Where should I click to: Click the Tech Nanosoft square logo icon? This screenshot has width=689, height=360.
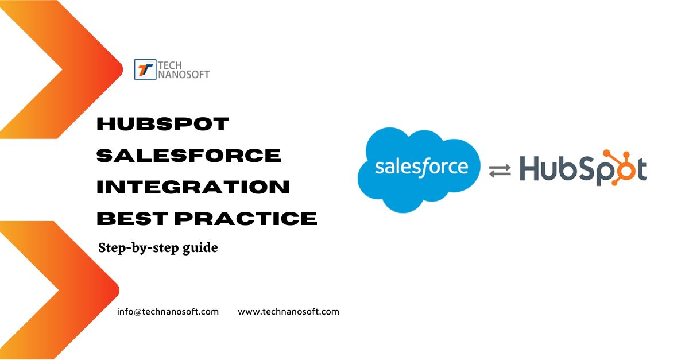(145, 69)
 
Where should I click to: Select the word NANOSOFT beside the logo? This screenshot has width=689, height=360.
(183, 74)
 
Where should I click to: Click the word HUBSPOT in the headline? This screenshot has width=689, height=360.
(163, 123)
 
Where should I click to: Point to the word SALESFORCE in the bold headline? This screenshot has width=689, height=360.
(189, 155)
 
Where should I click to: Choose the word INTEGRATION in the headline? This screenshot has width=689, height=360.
(193, 187)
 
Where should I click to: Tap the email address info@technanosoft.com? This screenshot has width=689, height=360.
(168, 312)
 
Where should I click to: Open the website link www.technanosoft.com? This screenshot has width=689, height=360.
(288, 312)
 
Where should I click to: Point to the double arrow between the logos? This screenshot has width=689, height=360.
(500, 171)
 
